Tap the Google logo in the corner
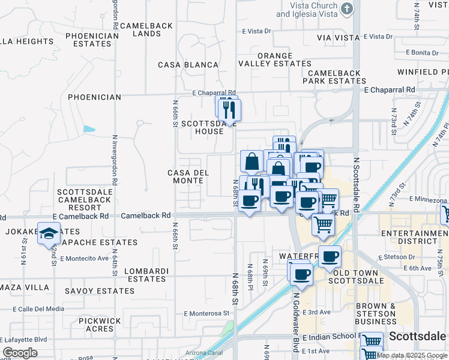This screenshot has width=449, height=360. tap(20, 353)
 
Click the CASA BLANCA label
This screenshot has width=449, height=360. tap(188, 65)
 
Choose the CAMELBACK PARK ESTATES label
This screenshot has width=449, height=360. tap(334, 77)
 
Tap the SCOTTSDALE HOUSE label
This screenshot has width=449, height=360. tap(202, 127)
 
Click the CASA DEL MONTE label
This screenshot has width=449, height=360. tap(188, 176)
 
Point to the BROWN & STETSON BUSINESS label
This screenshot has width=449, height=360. tap(384, 314)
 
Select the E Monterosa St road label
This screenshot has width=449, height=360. tap(207, 313)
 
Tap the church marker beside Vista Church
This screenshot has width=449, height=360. tap(346, 8)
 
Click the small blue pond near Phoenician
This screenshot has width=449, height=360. tap(89, 129)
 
